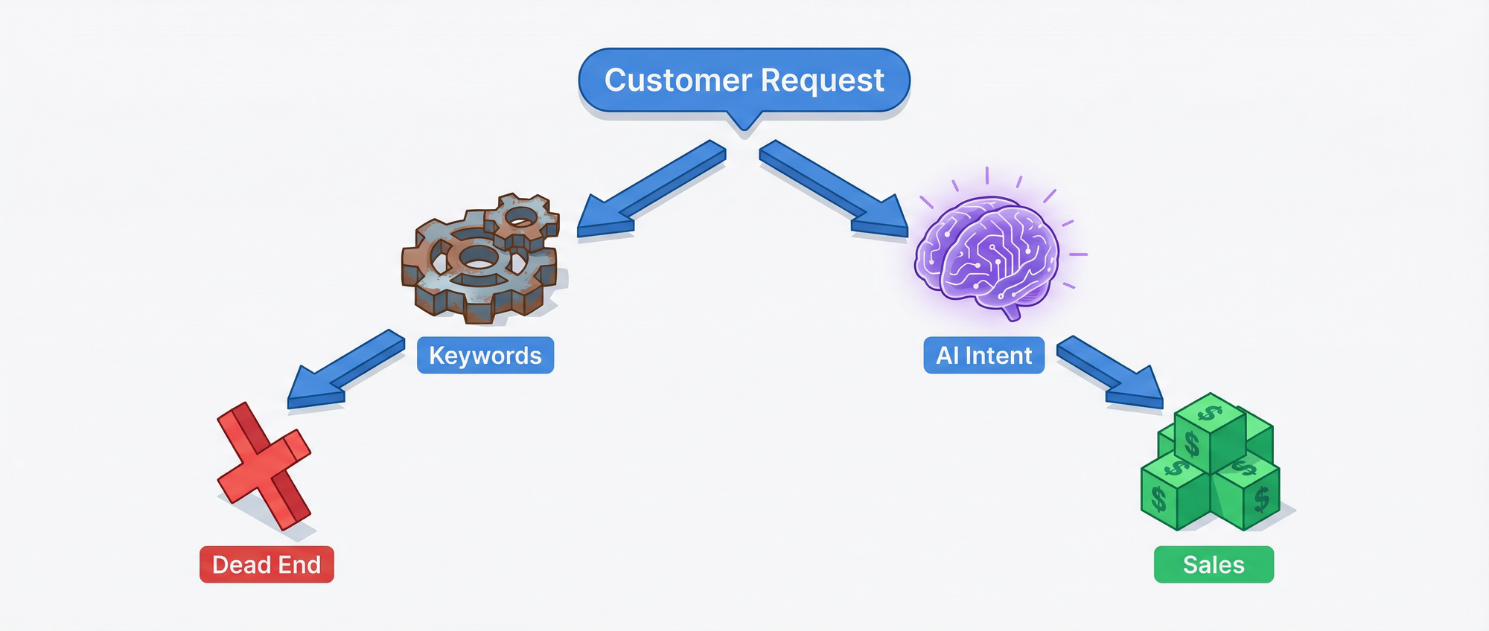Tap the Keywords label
(485, 356)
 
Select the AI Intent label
(983, 356)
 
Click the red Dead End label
(267, 565)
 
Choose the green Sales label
(1214, 565)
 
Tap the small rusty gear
(522, 218)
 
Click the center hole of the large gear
(476, 257)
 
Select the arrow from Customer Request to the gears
(648, 190)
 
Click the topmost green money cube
(1210, 432)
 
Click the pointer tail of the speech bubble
(744, 124)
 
